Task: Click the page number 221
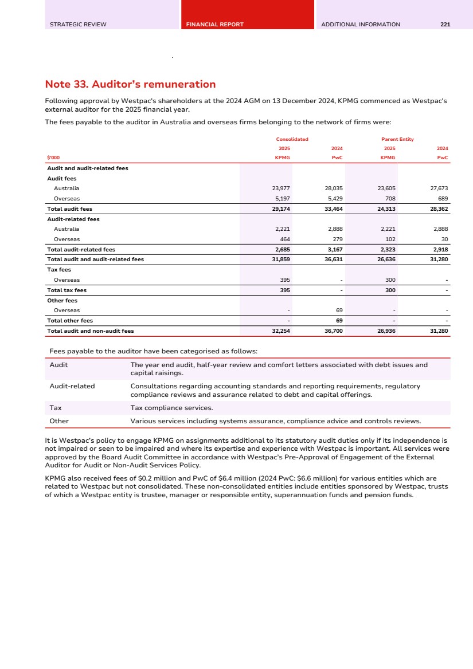(x=445, y=25)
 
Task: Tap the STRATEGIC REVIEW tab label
(x=78, y=25)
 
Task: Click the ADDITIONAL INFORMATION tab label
(x=361, y=25)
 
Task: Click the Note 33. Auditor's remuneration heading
(x=130, y=85)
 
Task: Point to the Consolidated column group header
(x=292, y=139)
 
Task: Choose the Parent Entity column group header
(x=397, y=139)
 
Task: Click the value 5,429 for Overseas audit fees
(x=334, y=199)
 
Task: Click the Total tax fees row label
(x=67, y=290)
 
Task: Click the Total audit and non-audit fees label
(x=91, y=331)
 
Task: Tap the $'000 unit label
(x=53, y=157)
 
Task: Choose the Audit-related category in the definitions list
(x=72, y=386)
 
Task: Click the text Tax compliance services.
(x=171, y=408)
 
